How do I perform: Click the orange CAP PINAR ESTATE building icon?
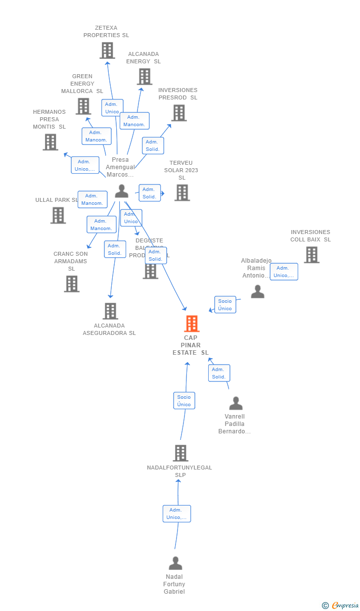point(191,324)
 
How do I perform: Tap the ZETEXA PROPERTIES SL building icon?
point(107,50)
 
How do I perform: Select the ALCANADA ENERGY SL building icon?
point(144,77)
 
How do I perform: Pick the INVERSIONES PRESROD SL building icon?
point(179,113)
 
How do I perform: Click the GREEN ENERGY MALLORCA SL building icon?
point(83,106)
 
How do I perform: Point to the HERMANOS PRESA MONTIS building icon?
point(50,142)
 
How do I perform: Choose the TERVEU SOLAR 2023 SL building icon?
point(182,192)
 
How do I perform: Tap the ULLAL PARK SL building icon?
point(58,215)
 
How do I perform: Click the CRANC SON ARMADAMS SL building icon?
point(72,283)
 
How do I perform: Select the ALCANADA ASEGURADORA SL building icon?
point(110,311)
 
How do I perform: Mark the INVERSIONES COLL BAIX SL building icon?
point(311,255)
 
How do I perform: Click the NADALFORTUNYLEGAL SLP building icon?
point(180,453)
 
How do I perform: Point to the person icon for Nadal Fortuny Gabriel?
point(175,563)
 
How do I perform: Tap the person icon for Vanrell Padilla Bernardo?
point(236,403)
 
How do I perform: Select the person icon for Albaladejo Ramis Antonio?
point(257,291)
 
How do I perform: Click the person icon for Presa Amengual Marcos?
point(121,191)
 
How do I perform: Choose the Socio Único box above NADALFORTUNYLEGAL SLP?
point(184,401)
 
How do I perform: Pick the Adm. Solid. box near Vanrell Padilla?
point(219,373)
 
